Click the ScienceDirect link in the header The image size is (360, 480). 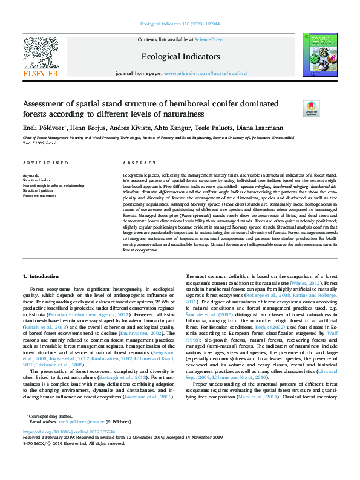210,39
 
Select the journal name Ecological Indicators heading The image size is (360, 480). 180,57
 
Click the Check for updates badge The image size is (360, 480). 312,108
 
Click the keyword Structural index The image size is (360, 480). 36,180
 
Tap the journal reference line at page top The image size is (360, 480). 180,23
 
